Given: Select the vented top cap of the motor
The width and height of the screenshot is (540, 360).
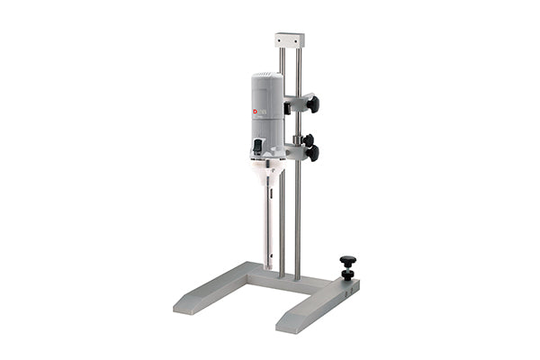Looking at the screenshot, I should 266,80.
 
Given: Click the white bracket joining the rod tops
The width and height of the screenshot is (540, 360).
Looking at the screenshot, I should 290,40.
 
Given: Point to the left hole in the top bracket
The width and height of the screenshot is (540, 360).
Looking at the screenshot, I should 282,40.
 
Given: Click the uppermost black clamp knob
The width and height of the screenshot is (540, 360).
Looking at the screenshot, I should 312,104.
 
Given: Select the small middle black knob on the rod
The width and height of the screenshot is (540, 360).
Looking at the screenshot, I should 309,139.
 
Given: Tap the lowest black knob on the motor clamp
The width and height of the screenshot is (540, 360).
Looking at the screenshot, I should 312,153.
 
